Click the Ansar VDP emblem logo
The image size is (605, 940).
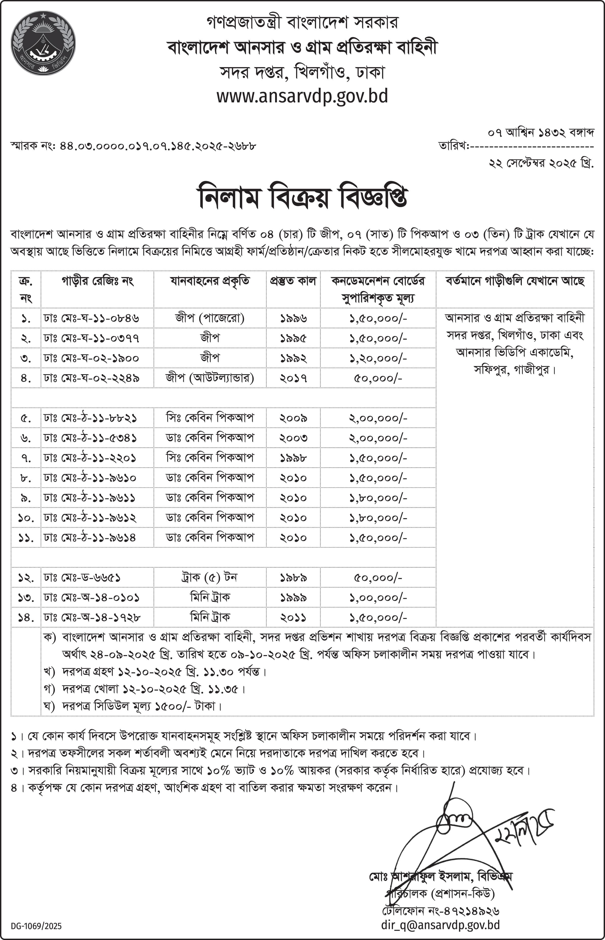[x=43, y=43]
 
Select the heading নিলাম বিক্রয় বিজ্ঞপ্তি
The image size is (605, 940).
[x=302, y=195]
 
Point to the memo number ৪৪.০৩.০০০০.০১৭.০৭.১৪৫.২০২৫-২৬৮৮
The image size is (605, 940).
[x=158, y=146]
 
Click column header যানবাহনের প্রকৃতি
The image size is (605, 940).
[x=210, y=281]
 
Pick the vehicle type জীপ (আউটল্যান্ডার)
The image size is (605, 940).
[x=210, y=378]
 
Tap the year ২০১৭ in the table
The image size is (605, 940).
[x=293, y=378]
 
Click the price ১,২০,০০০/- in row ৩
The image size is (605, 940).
[x=378, y=358]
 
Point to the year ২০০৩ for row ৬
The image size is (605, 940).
[x=293, y=438]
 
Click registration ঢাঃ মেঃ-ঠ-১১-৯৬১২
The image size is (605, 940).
[x=90, y=518]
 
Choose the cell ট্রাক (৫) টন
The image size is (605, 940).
[x=210, y=577]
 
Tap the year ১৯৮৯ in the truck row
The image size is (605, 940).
[x=293, y=578]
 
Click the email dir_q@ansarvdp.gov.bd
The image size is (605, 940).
[x=440, y=925]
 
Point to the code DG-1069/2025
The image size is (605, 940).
[x=36, y=926]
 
